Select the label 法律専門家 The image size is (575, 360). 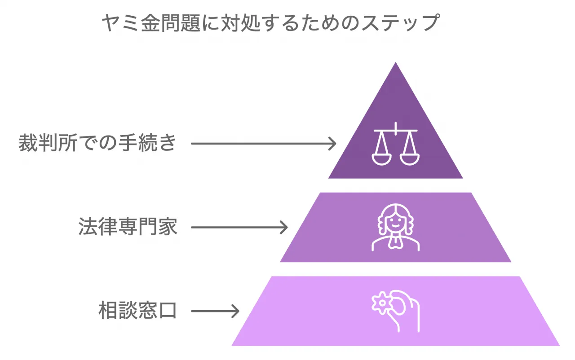pyautogui.click(x=128, y=227)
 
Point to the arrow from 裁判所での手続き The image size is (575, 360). pyautogui.click(x=263, y=144)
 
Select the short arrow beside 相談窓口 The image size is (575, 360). pyautogui.click(x=215, y=311)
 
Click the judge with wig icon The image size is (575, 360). pyautogui.click(x=395, y=227)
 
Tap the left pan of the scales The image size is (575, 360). pyautogui.click(x=382, y=157)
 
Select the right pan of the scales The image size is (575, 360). pyautogui.click(x=409, y=157)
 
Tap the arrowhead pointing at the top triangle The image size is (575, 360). pyautogui.click(x=332, y=144)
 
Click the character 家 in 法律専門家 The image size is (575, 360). pyautogui.click(x=168, y=227)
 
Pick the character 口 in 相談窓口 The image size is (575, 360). pyautogui.click(x=168, y=311)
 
